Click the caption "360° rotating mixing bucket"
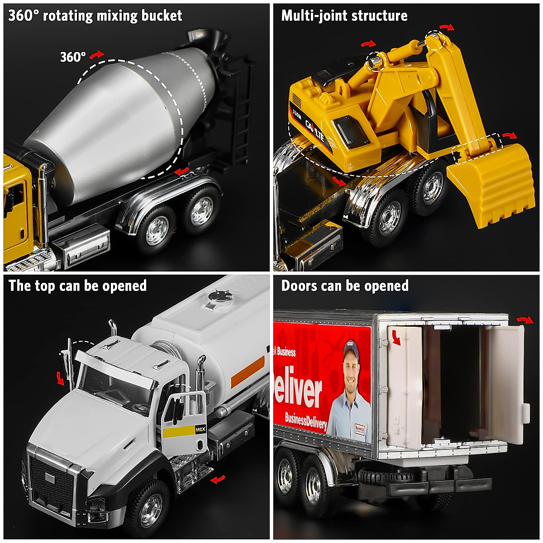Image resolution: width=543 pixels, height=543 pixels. (95, 16)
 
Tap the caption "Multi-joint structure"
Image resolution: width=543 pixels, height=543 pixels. (344, 16)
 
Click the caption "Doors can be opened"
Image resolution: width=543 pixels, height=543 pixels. (345, 286)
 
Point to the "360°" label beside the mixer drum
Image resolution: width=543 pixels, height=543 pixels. (73, 57)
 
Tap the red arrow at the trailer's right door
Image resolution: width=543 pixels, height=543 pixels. (525, 320)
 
